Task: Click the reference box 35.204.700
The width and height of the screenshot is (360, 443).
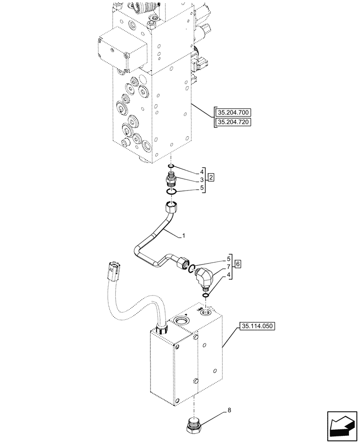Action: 232,113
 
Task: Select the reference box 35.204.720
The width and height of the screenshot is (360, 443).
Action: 232,122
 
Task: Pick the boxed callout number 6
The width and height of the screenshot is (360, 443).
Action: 238,264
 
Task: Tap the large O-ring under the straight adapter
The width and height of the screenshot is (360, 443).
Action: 172,191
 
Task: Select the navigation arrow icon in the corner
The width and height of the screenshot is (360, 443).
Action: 340,425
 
